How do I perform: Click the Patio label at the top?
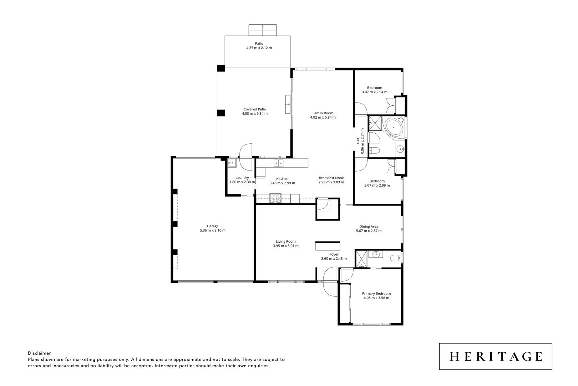(259, 44)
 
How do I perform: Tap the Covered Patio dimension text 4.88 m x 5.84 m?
(254, 114)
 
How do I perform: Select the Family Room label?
(323, 113)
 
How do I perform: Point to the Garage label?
(213, 226)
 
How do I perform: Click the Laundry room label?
(242, 178)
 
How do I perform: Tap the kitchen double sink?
(278, 163)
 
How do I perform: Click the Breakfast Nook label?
(331, 178)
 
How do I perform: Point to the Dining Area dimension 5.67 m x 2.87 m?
(369, 231)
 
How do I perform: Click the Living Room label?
(285, 242)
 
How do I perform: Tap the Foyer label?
(334, 254)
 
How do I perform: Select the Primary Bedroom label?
(376, 293)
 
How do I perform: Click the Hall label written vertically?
(358, 141)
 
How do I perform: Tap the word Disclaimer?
(39, 353)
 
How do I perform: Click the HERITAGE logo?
(495, 356)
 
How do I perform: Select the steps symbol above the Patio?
(263, 30)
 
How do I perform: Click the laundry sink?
(232, 164)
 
